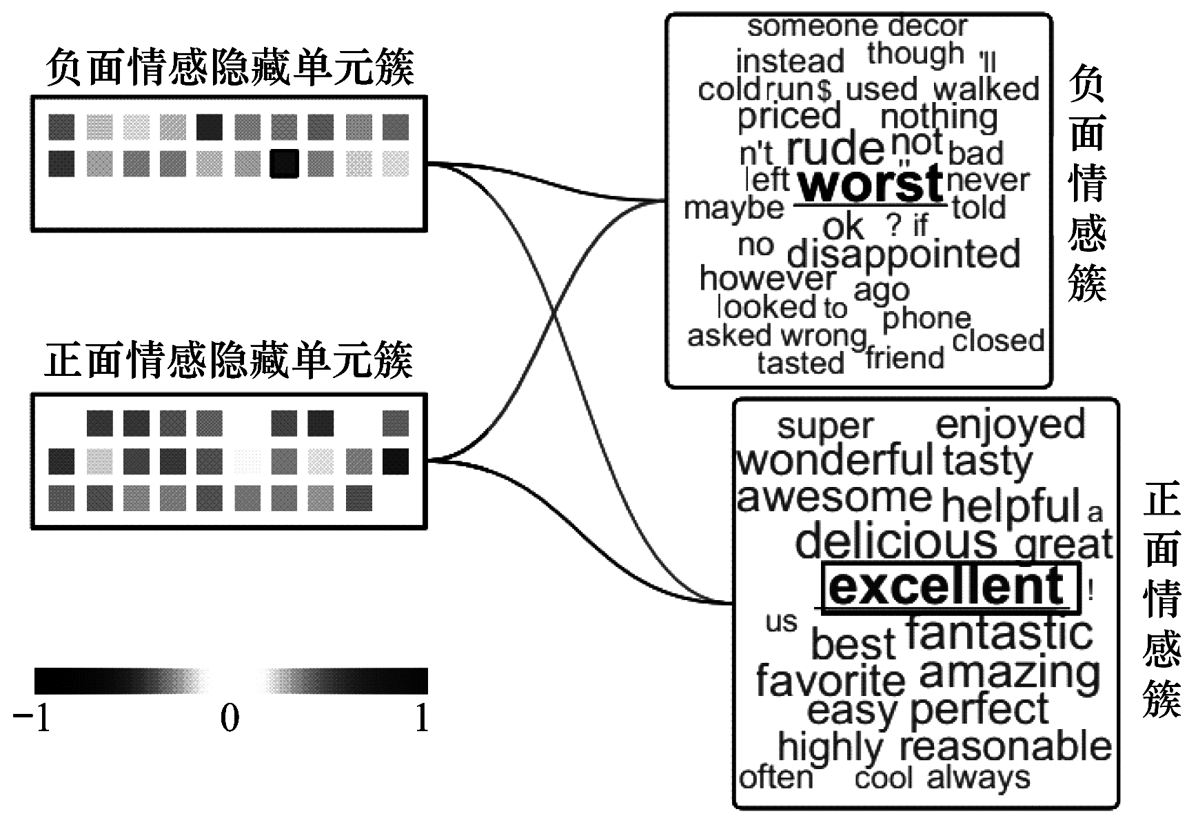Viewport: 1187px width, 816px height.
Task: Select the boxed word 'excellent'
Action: coord(948,586)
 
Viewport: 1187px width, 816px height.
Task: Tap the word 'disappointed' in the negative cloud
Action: coord(903,254)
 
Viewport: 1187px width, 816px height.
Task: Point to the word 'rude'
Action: coord(835,148)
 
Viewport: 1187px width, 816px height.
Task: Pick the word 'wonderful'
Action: coord(835,460)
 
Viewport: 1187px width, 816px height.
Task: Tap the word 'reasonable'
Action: coord(1006,746)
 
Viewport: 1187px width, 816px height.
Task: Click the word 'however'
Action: coord(767,279)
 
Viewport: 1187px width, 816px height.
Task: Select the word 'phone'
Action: coord(926,318)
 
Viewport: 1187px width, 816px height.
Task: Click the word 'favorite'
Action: coord(830,680)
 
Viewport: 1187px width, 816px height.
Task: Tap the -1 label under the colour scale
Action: coord(32,718)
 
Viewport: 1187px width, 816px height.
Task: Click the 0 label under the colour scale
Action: coord(230,718)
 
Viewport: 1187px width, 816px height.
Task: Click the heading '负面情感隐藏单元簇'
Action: coord(230,68)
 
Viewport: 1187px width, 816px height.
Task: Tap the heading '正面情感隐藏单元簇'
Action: coord(230,359)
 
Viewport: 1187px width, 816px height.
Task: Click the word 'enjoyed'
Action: coord(1010,424)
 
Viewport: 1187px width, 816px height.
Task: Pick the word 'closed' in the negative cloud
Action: coord(997,340)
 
